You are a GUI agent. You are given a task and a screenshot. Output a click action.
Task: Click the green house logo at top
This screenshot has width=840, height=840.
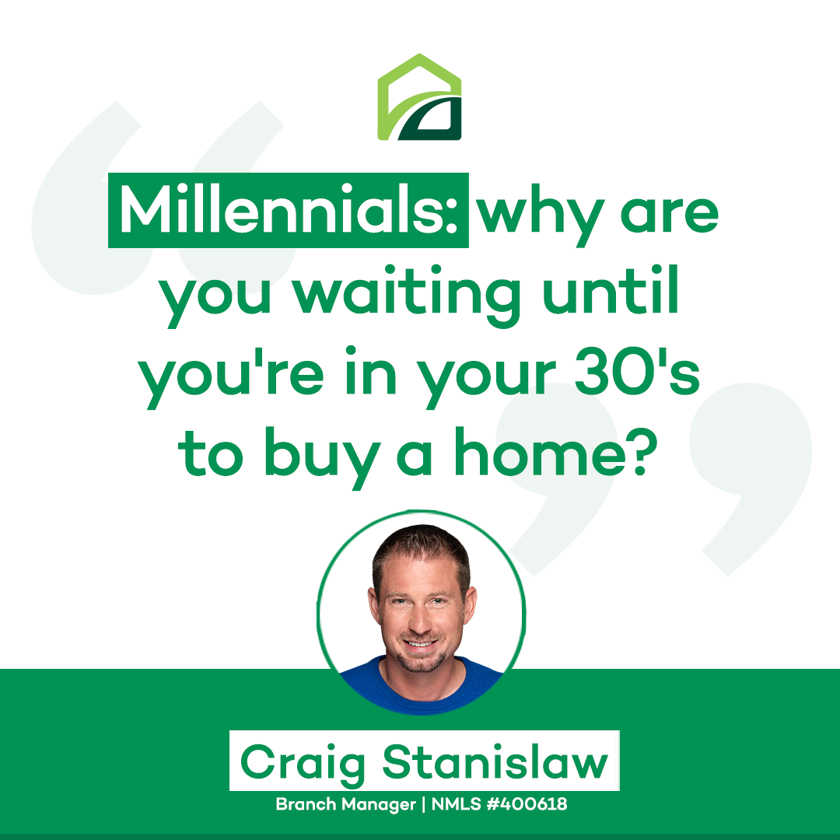(419, 97)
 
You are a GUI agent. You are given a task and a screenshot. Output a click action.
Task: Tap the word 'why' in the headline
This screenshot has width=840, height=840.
(541, 216)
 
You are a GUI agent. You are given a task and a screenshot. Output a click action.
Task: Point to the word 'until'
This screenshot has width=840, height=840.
(611, 289)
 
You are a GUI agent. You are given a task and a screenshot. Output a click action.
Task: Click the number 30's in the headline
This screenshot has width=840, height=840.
(637, 371)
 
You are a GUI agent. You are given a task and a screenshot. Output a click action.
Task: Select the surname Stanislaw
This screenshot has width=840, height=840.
(495, 761)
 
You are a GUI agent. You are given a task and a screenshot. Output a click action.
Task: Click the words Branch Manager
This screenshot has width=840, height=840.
(345, 804)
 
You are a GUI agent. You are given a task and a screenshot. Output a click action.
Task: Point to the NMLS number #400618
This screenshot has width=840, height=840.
(527, 803)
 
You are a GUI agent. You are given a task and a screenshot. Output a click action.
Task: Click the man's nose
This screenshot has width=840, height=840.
(421, 619)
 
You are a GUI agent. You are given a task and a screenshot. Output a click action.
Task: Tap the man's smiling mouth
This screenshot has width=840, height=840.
(420, 642)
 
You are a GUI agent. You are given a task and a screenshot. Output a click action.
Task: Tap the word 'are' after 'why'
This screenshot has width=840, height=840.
(669, 215)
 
